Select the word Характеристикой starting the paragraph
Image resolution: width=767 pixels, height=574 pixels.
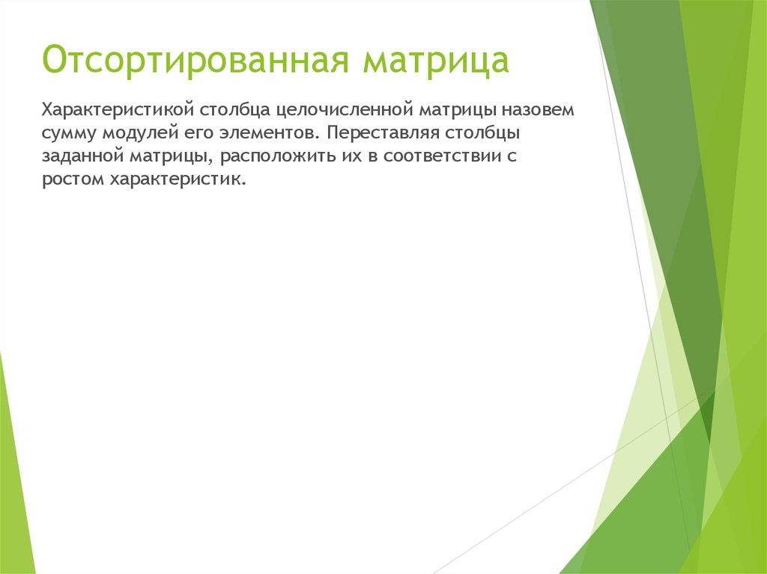click(118, 110)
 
